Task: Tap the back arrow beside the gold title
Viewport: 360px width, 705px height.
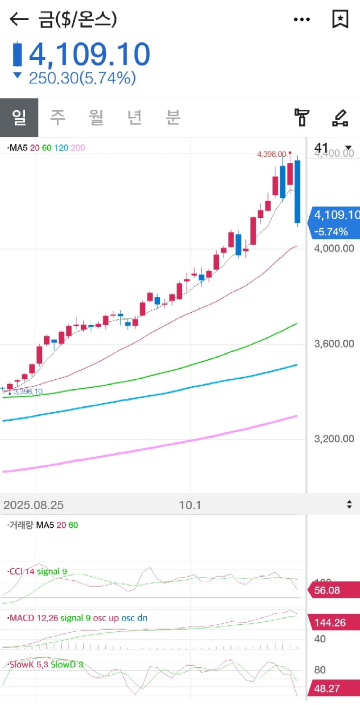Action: click(x=18, y=19)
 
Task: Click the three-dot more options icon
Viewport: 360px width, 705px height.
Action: click(x=302, y=19)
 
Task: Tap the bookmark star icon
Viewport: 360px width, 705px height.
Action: click(x=340, y=19)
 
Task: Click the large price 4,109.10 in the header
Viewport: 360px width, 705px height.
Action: click(x=89, y=54)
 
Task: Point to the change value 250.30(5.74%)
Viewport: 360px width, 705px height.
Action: click(x=82, y=78)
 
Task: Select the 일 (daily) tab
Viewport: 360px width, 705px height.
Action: click(x=19, y=117)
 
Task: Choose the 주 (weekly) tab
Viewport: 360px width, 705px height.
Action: click(x=57, y=117)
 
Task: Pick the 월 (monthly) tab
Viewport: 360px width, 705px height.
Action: click(x=96, y=117)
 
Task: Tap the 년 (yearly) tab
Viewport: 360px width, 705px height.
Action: click(x=135, y=117)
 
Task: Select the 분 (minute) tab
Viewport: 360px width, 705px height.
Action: click(x=173, y=117)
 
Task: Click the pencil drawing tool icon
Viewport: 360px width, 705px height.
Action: click(x=340, y=117)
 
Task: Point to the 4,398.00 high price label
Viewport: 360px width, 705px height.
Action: click(x=271, y=154)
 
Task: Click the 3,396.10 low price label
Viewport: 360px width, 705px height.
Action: click(x=28, y=391)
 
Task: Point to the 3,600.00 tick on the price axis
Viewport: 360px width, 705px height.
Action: click(x=334, y=344)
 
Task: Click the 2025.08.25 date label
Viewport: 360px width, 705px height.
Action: click(x=33, y=505)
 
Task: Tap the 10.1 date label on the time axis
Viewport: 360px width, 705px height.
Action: click(x=190, y=505)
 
